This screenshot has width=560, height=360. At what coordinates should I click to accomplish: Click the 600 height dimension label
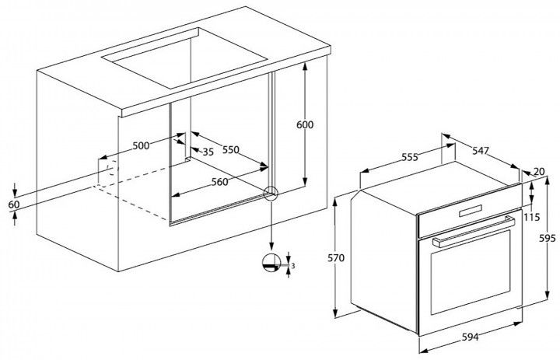click(x=305, y=124)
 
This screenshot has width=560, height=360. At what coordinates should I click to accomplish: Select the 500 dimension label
click(x=141, y=145)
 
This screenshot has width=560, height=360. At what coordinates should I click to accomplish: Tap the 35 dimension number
click(x=208, y=152)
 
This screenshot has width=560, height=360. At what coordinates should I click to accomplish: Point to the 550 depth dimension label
click(x=231, y=149)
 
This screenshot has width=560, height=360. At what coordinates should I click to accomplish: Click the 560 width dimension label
click(x=219, y=182)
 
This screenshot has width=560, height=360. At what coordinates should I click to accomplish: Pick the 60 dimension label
click(x=13, y=204)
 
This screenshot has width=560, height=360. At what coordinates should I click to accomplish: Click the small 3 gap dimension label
click(x=293, y=266)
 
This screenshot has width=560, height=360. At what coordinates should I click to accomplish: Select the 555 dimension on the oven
click(x=409, y=157)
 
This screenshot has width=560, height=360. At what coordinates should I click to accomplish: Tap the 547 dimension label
click(x=481, y=151)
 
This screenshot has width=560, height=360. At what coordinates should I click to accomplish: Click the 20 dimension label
click(x=539, y=172)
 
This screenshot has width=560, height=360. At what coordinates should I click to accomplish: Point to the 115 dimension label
click(x=532, y=217)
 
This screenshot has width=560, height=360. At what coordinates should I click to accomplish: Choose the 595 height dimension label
click(x=547, y=238)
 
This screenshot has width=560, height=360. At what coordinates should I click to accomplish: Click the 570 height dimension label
click(x=336, y=257)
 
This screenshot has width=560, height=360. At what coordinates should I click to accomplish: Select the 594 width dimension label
click(x=470, y=337)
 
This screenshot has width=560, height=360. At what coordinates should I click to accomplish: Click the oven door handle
click(x=474, y=232)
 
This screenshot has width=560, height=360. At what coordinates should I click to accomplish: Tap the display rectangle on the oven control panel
click(x=471, y=211)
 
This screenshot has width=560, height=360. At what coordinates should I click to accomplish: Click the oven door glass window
click(x=471, y=272)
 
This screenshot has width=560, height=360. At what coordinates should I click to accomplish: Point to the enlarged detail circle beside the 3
click(x=271, y=264)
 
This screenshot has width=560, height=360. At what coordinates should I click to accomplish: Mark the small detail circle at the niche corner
click(x=271, y=194)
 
